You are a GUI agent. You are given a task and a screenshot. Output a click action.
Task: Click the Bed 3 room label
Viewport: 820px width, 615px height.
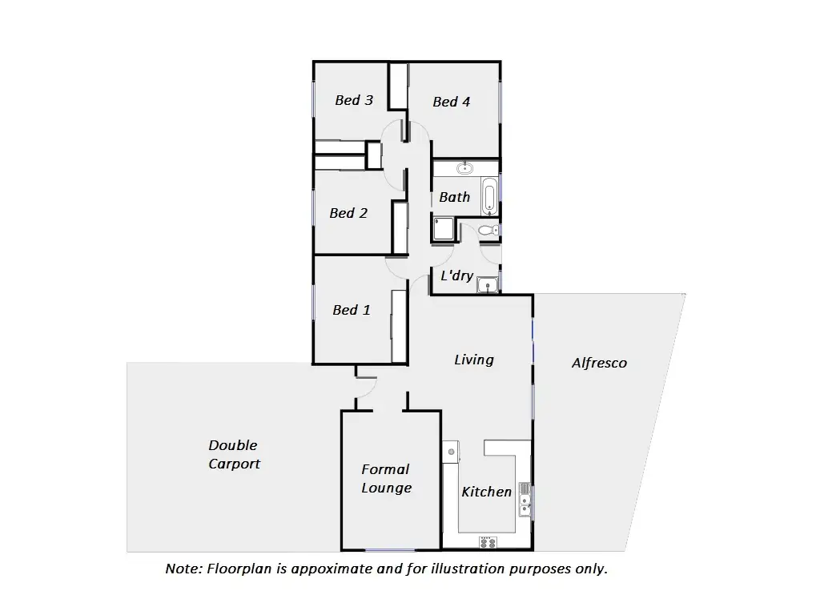coord(353,100)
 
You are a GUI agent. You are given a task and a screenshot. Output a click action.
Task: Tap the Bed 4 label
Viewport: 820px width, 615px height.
coord(451,102)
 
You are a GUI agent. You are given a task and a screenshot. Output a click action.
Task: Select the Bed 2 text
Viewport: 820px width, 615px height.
coord(348,213)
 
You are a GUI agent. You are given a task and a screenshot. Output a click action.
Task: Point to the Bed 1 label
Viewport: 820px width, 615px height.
coord(352,310)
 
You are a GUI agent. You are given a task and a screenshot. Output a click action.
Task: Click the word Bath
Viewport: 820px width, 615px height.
coord(454,197)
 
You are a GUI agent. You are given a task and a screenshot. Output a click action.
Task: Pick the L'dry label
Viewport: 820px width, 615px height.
coord(457,275)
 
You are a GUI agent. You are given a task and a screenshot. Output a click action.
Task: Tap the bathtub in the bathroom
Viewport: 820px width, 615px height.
coord(489,197)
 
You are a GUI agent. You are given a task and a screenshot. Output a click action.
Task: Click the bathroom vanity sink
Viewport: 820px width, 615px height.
coord(464,168)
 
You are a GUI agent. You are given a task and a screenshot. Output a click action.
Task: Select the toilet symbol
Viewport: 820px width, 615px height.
coord(488,231)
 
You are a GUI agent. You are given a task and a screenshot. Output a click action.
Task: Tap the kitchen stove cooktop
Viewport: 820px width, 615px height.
coord(487,542)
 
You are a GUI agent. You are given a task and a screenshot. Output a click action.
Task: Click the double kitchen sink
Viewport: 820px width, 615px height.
coord(525,497)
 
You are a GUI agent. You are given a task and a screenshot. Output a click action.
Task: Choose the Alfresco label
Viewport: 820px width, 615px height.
coord(599,363)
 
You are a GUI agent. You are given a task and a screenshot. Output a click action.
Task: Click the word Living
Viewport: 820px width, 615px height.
coord(473,360)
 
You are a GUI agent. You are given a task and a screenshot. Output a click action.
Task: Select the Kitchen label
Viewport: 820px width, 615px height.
coord(486,492)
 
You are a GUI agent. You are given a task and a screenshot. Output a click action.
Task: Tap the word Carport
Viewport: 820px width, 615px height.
coord(234,464)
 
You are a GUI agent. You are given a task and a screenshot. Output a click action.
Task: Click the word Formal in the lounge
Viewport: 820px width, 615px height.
coord(385,469)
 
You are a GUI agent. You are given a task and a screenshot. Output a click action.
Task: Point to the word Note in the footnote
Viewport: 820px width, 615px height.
coord(183,569)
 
